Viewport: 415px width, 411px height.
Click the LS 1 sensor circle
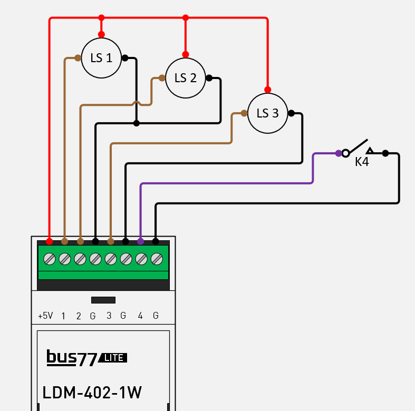(x=101, y=58)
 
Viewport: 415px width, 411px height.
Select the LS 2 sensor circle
(x=185, y=78)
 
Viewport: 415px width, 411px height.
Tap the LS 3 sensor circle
(x=267, y=113)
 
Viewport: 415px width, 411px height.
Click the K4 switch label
(x=362, y=162)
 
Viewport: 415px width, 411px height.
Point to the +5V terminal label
(x=45, y=316)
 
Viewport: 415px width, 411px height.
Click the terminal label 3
(x=109, y=316)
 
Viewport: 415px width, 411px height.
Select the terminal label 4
(x=140, y=316)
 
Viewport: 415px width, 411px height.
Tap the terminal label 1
(x=64, y=316)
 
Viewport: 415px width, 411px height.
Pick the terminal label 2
(x=79, y=316)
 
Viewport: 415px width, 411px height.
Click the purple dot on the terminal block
(x=140, y=241)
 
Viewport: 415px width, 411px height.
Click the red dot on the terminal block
(x=49, y=241)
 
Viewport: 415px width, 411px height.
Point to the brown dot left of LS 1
(x=78, y=58)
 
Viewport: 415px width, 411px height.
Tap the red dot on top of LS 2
(x=185, y=54)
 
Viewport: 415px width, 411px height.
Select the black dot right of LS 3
(x=291, y=113)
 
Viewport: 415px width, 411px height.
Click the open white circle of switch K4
(x=345, y=153)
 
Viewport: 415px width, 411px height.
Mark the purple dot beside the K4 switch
(x=338, y=153)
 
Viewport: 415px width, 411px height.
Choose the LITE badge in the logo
(x=113, y=358)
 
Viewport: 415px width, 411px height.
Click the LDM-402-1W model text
(x=92, y=393)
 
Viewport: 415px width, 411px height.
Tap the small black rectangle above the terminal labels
(x=103, y=300)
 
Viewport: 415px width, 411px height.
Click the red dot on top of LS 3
(x=267, y=90)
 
